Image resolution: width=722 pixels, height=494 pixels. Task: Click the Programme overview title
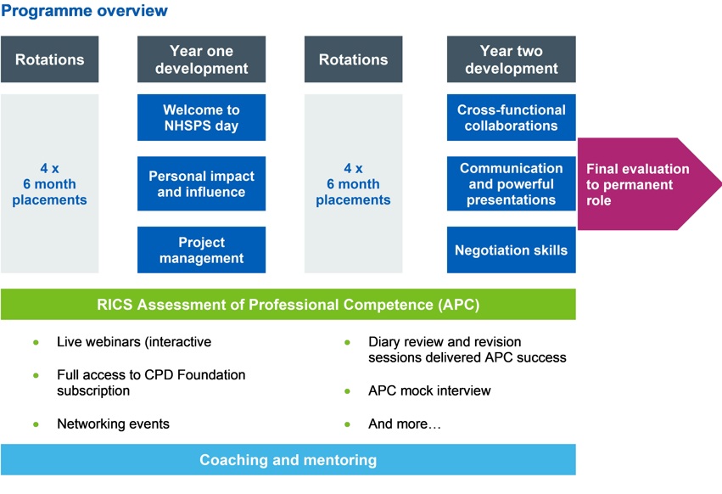[84, 11]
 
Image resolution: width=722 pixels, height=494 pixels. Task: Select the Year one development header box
[201, 59]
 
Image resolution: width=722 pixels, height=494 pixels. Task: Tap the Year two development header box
[511, 59]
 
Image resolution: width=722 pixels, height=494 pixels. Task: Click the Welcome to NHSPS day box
[201, 118]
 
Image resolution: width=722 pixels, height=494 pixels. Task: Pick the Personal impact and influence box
[201, 184]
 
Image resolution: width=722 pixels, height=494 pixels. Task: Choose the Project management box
[201, 250]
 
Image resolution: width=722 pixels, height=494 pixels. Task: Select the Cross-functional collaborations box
[511, 118]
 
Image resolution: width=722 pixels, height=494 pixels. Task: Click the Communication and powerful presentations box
[511, 184]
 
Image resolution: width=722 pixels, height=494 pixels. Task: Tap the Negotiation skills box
[511, 250]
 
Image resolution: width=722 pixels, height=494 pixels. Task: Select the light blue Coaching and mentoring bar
[288, 460]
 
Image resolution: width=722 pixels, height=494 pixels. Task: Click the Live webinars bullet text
[134, 342]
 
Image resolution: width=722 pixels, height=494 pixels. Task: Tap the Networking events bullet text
[113, 424]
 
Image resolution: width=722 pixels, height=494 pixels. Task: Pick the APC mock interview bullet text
[429, 391]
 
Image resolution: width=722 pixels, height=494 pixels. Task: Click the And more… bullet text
[404, 424]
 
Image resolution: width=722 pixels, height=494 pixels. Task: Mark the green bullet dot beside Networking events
[36, 424]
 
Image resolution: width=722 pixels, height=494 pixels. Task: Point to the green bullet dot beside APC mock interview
[348, 391]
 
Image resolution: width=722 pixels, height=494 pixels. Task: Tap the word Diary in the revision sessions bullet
[385, 342]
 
